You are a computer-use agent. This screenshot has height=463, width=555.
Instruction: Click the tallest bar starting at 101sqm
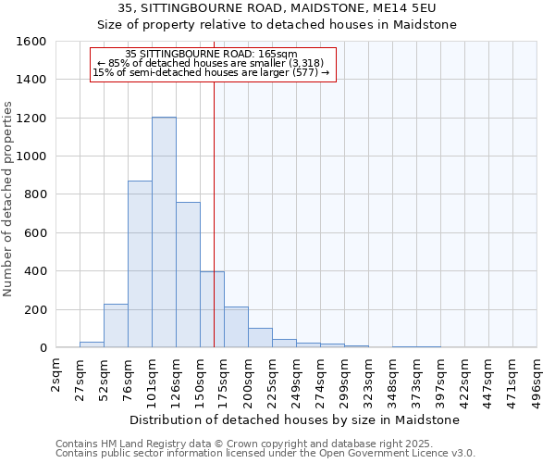[x=164, y=232]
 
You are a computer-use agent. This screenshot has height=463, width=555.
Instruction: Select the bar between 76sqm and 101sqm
[x=140, y=264]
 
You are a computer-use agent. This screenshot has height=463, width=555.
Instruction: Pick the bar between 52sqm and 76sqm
[x=116, y=326]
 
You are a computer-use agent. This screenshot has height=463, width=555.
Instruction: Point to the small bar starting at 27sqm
[x=92, y=344]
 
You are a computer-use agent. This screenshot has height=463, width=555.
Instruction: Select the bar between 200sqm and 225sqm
[x=260, y=338]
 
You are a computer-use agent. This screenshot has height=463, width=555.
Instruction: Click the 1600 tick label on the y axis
[x=31, y=42]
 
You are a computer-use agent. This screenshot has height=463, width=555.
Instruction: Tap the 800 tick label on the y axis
[x=35, y=194]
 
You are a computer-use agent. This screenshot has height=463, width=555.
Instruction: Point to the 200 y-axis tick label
[x=35, y=309]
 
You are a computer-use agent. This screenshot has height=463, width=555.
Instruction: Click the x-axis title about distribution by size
[x=295, y=419]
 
